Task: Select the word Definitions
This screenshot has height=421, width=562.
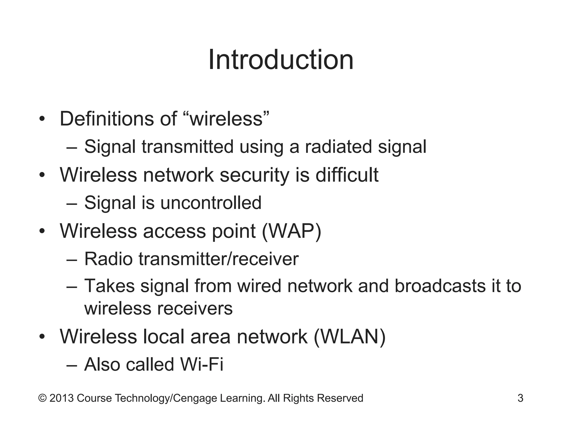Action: pyautogui.click(x=107, y=119)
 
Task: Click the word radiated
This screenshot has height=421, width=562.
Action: pyautogui.click(x=338, y=147)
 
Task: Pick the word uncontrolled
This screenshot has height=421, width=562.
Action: pyautogui.click(x=211, y=203)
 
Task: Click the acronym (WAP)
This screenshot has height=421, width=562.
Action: pyautogui.click(x=291, y=231)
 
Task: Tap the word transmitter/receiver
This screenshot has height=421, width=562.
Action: pyautogui.click(x=218, y=259)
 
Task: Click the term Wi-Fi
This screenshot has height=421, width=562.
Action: pyautogui.click(x=202, y=365)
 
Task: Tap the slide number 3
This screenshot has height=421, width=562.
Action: pyautogui.click(x=520, y=398)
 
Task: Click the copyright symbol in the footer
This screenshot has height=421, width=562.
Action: pyautogui.click(x=42, y=398)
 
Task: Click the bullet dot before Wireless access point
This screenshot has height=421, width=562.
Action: pyautogui.click(x=42, y=231)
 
